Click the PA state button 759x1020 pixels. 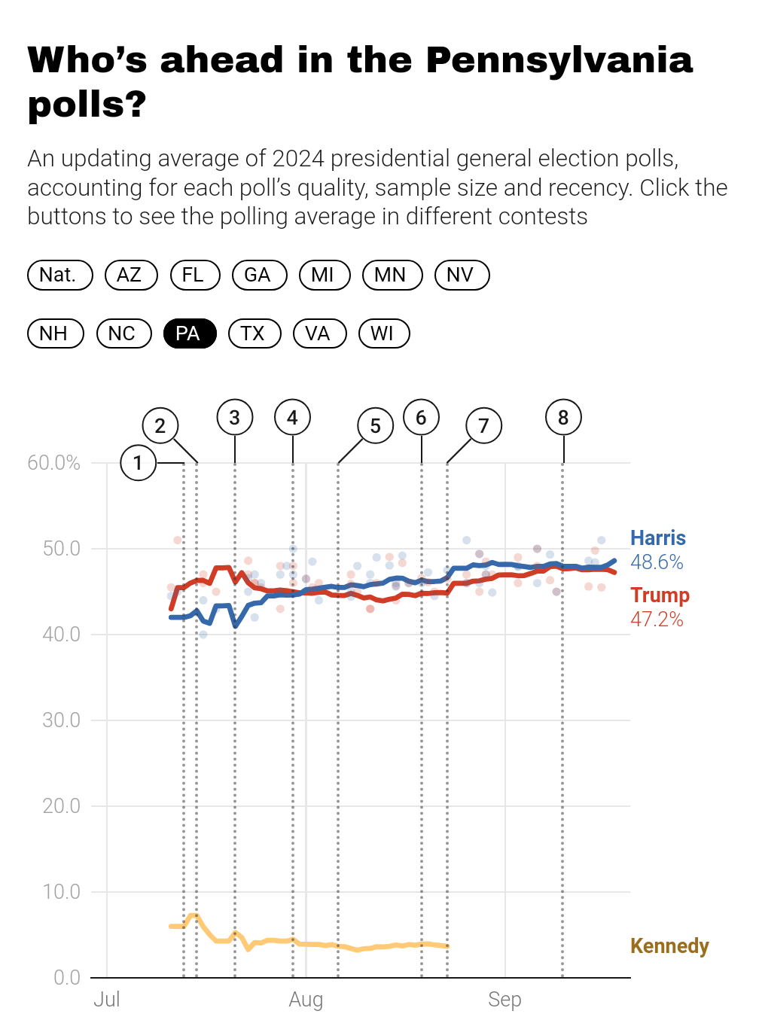(x=190, y=333)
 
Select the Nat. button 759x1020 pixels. (x=59, y=275)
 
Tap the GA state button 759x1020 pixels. (x=260, y=275)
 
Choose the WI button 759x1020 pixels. (x=383, y=333)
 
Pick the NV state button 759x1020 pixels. (x=462, y=275)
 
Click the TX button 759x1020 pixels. (x=255, y=333)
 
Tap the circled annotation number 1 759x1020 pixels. (x=138, y=463)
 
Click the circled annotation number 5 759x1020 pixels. (x=376, y=425)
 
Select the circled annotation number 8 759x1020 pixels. (x=563, y=417)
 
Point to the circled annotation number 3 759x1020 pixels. (x=235, y=417)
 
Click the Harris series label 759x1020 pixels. (x=658, y=537)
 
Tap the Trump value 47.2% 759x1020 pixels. (x=657, y=619)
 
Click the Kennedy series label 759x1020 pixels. (x=669, y=945)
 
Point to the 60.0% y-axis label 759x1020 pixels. (x=53, y=463)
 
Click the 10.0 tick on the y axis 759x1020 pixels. (x=62, y=892)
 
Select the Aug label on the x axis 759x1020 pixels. (x=306, y=1000)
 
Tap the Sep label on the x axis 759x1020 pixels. (x=504, y=1000)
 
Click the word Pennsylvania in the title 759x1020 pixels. (x=559, y=61)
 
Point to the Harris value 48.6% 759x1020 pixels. (x=657, y=562)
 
